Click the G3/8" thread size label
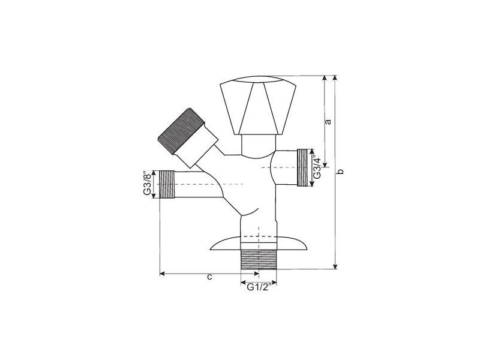coord(146,184)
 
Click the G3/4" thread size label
coord(318,167)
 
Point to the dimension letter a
coord(328,122)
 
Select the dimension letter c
coord(209,277)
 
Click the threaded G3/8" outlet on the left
coord(166,184)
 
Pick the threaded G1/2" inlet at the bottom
coord(258,259)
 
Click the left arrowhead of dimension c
coord(163,274)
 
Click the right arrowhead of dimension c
coord(256,274)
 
